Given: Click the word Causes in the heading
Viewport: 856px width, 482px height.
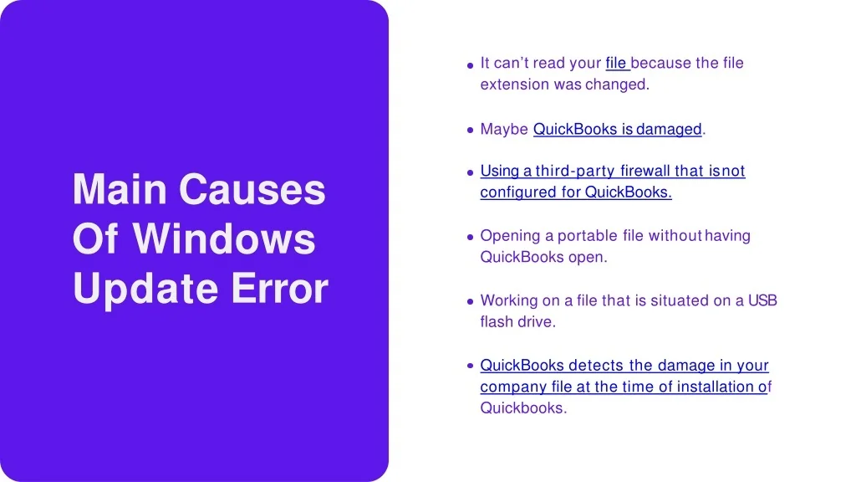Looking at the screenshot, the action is point(252,189).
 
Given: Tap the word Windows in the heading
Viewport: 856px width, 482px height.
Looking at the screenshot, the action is point(224,238).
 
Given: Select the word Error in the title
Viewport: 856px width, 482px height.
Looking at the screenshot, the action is point(280,288).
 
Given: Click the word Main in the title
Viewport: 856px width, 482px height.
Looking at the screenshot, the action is point(120,189).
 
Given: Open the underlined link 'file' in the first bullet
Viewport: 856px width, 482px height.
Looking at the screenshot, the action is point(616,63).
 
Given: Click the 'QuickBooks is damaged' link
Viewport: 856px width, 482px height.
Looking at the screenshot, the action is point(618,129).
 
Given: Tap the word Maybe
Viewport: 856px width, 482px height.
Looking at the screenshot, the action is point(504,130).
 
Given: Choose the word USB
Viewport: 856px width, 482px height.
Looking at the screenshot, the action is point(762,300).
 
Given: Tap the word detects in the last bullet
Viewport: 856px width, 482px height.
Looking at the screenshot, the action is point(596,365).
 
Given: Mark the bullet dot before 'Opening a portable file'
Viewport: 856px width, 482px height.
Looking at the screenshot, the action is point(470,237).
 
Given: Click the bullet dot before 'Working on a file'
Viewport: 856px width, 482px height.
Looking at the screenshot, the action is point(470,301).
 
